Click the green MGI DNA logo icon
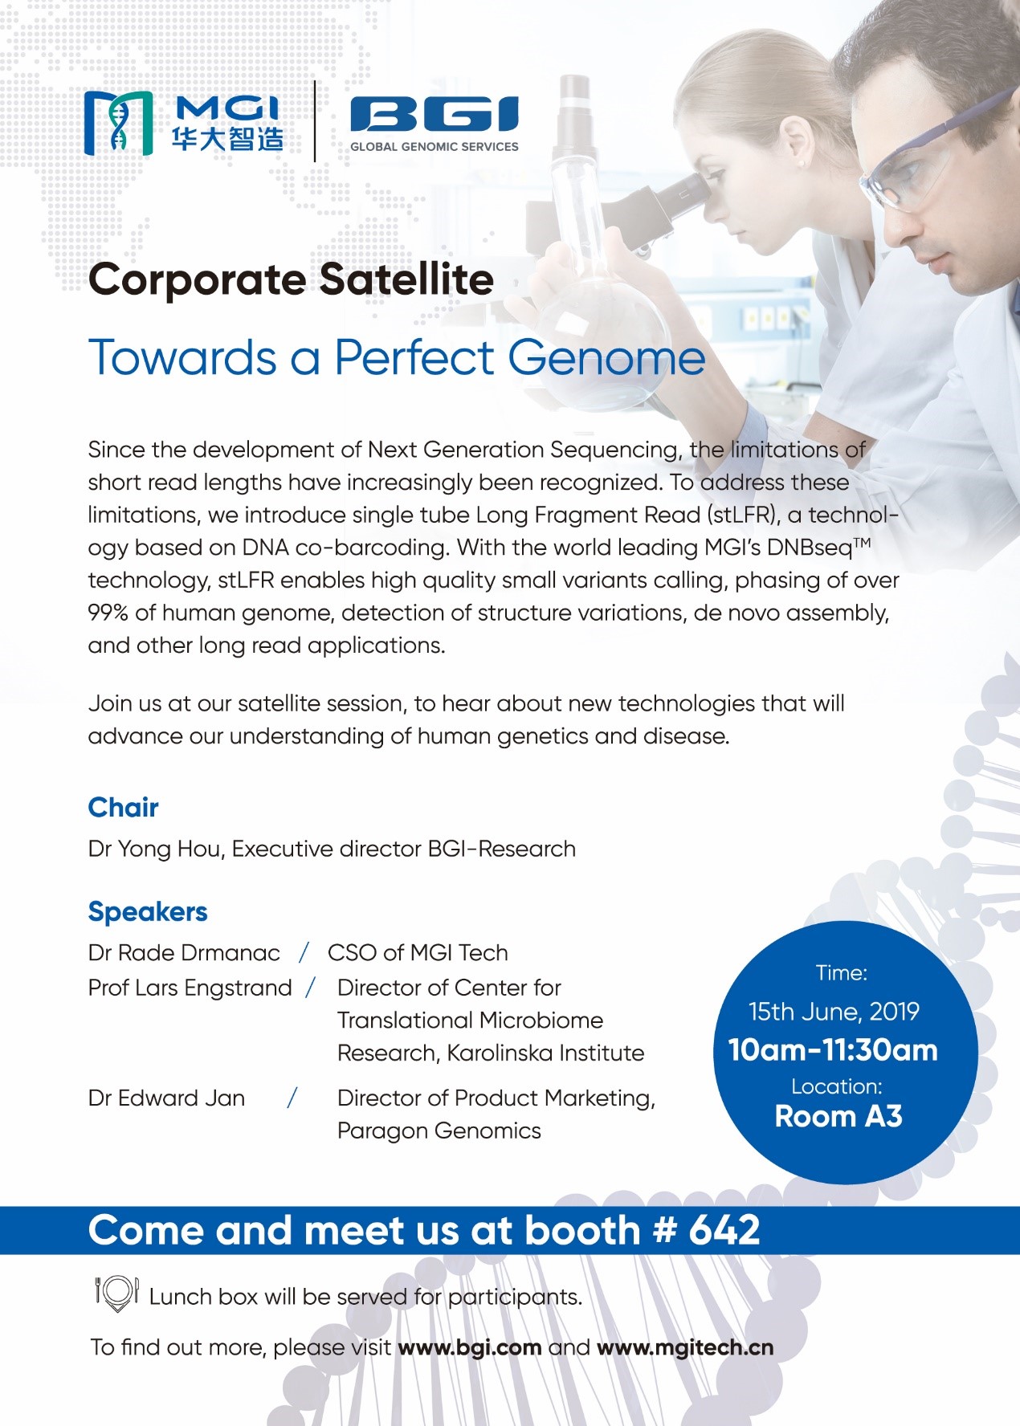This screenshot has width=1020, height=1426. tap(118, 123)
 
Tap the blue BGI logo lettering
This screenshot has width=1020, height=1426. tap(435, 114)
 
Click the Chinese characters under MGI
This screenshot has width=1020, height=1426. tap(227, 139)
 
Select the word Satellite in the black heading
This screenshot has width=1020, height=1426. tap(406, 279)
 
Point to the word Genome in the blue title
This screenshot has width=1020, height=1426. tap(607, 357)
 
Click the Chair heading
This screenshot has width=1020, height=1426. tap(123, 807)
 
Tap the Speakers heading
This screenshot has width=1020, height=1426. tap(148, 912)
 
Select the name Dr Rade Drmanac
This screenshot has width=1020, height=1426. tap(184, 953)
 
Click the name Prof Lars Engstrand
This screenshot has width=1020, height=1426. tap(190, 988)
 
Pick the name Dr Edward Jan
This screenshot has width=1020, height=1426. tap(166, 1098)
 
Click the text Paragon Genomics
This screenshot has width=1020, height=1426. tap(439, 1131)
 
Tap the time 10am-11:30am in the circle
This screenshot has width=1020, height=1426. tap(833, 1050)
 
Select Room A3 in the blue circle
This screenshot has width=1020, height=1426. tap(838, 1116)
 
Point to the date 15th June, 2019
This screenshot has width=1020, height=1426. tap(834, 1012)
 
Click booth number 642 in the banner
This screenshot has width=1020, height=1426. tap(724, 1230)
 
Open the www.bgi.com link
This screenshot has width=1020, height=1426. tap(469, 1348)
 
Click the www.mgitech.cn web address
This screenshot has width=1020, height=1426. tap(685, 1348)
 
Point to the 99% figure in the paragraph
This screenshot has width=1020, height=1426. tap(108, 613)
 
